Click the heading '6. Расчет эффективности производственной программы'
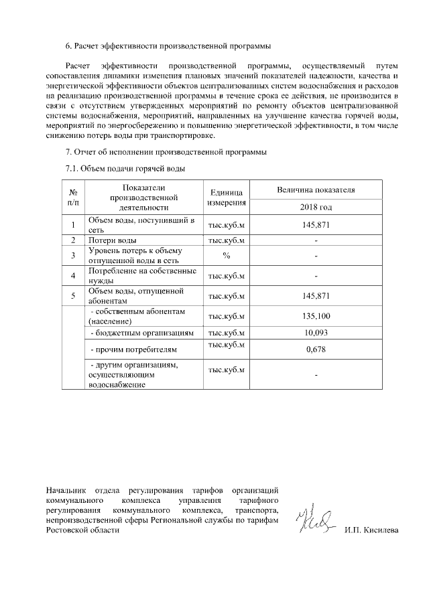click(x=168, y=46)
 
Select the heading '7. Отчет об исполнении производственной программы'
click(x=166, y=152)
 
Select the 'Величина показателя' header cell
click(x=316, y=190)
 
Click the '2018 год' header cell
click(x=316, y=207)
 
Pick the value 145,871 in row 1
click(x=316, y=224)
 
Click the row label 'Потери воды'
click(x=113, y=240)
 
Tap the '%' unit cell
click(x=227, y=255)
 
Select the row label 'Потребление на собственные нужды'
click(x=142, y=276)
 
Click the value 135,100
click(x=316, y=316)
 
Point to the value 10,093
click(x=316, y=333)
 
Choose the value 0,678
click(x=316, y=350)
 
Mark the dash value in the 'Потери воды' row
click(x=316, y=240)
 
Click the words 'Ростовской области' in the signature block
click(x=83, y=530)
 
